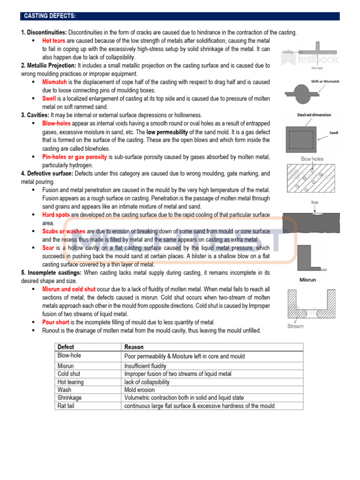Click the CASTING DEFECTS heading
[50, 16]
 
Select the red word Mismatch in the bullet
[54, 82]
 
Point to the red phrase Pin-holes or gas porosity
[75, 157]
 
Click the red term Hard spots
[56, 215]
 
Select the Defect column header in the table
[66, 347]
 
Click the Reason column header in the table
[134, 347]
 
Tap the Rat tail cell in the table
[66, 406]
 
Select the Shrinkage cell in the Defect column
[69, 397]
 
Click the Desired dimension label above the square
[314, 115]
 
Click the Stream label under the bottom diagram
[295, 326]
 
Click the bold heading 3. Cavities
[35, 115]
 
